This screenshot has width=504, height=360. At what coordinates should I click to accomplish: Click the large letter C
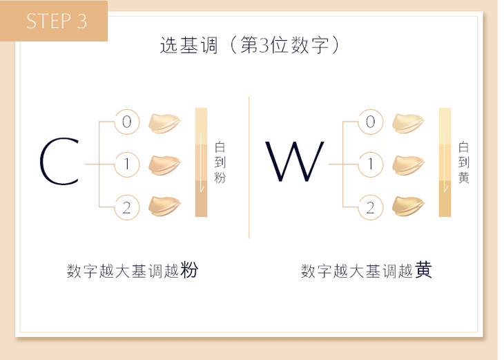59,163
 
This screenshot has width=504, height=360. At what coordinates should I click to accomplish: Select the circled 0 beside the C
126,122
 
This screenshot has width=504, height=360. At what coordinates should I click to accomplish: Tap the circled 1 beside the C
126,164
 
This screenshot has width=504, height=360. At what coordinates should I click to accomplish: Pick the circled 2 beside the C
126,207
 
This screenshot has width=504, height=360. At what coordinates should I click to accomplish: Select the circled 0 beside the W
370,122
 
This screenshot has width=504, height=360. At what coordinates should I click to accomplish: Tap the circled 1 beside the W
370,164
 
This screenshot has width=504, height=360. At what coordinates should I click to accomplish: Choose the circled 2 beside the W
370,207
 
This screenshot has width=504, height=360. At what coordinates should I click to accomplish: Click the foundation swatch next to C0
165,122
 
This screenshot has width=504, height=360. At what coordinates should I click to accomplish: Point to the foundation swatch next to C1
165,164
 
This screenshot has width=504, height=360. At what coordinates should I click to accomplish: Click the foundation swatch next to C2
165,206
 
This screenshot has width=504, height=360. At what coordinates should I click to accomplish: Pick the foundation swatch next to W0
408,122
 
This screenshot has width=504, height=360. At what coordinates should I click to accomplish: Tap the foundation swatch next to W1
408,164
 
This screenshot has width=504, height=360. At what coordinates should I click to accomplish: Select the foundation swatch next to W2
408,206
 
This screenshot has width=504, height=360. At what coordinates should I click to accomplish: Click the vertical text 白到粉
220,163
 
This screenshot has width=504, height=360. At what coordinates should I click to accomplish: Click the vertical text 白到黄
463,163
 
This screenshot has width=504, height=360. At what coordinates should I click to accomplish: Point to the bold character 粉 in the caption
189,269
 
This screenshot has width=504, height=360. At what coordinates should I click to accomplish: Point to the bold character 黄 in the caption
424,269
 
